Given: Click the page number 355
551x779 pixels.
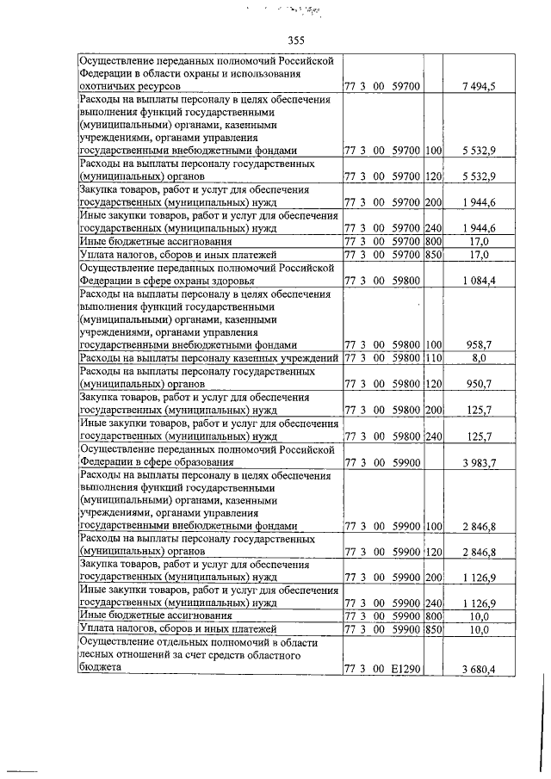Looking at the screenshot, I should tap(296, 40).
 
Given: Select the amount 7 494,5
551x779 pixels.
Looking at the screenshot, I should tap(479, 88).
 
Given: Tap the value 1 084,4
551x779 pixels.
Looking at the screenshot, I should tap(479, 281).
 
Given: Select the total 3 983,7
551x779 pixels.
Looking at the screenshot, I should tap(479, 463).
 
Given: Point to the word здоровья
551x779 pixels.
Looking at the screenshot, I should tap(225, 281).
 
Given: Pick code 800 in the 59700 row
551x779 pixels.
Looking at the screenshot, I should tap(433, 243).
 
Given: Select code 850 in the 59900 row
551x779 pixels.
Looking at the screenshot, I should tap(433, 630).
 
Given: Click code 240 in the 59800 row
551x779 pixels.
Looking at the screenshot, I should tap(433, 436).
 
